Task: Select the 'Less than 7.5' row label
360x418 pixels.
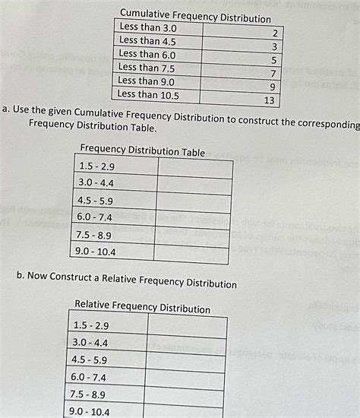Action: click(x=147, y=68)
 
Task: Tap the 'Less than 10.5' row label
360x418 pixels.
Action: click(x=150, y=95)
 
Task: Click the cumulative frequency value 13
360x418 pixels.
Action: click(x=269, y=100)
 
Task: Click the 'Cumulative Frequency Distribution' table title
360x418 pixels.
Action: click(x=195, y=15)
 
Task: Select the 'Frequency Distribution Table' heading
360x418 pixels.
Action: click(x=142, y=150)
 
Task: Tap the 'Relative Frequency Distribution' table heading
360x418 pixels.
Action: click(x=142, y=307)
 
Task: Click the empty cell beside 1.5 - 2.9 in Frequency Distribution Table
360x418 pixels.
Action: click(x=193, y=166)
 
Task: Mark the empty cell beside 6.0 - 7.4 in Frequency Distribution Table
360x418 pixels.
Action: click(x=192, y=219)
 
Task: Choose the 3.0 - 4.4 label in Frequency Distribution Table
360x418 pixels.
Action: click(x=95, y=182)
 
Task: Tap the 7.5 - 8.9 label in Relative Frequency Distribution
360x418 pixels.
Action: click(x=89, y=394)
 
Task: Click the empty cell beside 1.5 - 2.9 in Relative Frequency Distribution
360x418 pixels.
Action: click(x=186, y=325)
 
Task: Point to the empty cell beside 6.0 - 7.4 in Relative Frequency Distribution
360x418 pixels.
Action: click(x=186, y=377)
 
